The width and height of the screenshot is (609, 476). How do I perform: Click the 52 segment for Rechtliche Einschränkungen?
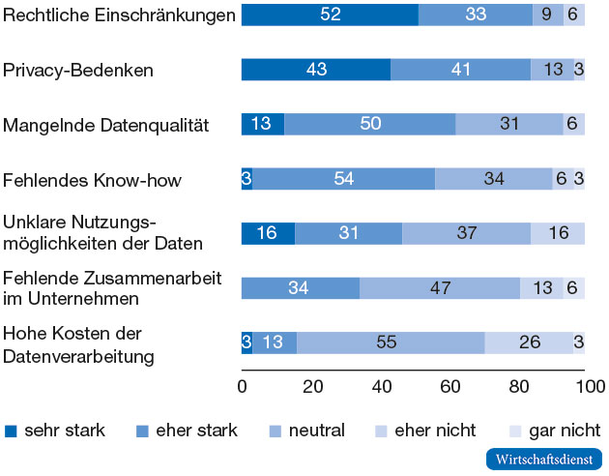point(330,14)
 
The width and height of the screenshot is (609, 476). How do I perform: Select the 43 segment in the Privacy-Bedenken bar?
point(315,70)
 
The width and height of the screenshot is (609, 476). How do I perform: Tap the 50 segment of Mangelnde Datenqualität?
point(369,125)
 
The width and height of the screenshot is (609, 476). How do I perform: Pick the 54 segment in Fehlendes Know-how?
point(345,179)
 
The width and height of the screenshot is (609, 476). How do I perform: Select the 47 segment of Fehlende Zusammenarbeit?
point(440,288)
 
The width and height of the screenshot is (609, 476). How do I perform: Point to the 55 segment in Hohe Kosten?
point(391,342)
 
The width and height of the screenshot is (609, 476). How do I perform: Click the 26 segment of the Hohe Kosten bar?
point(529,342)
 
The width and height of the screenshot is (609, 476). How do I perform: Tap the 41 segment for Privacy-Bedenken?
point(460,70)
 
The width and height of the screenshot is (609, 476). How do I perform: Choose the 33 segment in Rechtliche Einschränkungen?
point(476,14)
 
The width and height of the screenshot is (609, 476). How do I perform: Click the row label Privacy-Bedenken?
point(78,70)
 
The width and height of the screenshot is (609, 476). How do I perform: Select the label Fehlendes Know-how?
point(92,180)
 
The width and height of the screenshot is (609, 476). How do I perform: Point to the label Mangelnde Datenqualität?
point(106,125)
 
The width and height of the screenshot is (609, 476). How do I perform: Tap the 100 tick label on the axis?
point(584,386)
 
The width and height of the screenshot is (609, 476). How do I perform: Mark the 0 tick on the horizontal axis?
point(242,386)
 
